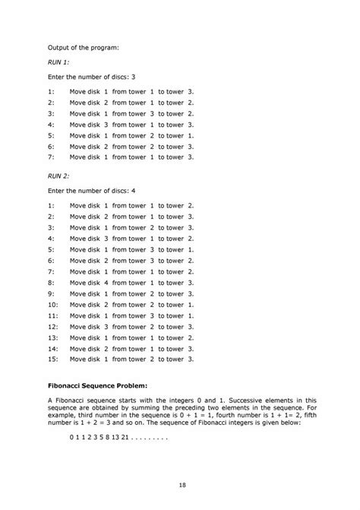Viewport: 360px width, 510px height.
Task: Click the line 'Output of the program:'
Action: (84, 47)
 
